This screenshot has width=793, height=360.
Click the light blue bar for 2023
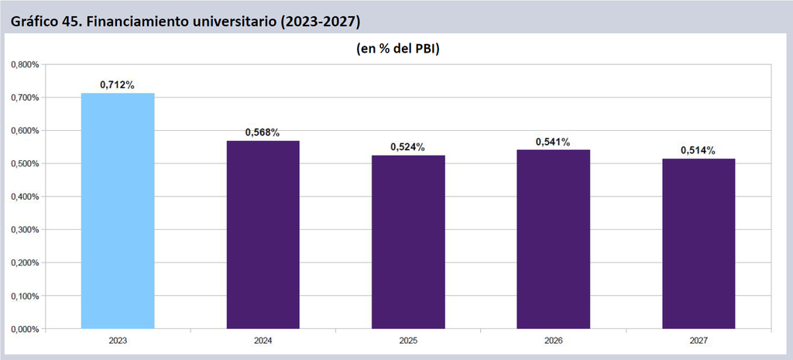[118, 211]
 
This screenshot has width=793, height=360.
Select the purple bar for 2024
[263, 235]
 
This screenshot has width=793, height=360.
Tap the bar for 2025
[408, 242]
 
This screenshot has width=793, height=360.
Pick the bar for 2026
[553, 239]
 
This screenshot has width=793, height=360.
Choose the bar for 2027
[699, 244]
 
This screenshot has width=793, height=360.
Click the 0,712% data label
[118, 85]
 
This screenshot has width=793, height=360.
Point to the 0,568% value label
[263, 132]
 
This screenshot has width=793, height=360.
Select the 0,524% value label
[407, 147]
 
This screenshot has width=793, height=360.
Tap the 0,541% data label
[553, 142]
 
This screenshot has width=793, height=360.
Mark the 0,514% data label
[699, 150]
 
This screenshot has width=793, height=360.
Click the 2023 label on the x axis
[118, 341]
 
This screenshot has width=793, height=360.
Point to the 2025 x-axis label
[408, 341]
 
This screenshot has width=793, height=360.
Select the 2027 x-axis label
[699, 341]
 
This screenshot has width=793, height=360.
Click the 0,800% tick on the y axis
[26, 65]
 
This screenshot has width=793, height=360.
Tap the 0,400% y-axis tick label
[26, 197]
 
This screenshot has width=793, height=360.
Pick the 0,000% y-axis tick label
[26, 329]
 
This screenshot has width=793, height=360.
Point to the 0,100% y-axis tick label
[26, 297]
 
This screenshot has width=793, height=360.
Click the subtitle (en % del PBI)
[397, 49]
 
